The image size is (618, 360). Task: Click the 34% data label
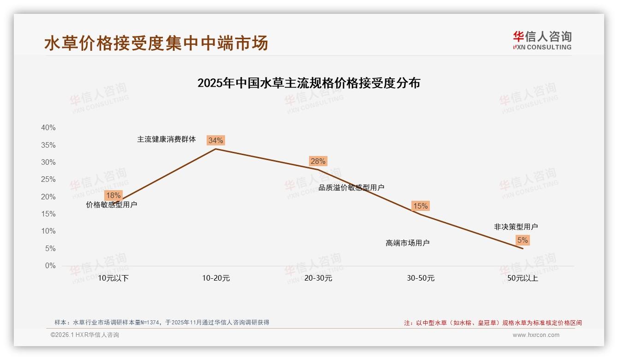tap(215, 140)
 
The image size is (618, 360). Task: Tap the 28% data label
tap(318, 161)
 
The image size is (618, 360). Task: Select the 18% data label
tap(113, 195)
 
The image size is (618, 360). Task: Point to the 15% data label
tap(420, 206)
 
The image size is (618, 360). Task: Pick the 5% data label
tap(523, 240)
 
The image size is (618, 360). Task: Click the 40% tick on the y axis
tap(48, 128)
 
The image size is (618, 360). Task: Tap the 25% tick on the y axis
tap(48, 180)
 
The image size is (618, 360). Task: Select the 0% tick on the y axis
tap(50, 266)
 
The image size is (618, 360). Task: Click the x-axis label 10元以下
tap(113, 278)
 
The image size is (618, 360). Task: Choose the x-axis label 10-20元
tap(216, 278)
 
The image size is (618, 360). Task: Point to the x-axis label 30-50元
tap(421, 278)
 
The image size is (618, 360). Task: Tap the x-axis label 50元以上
tap(523, 278)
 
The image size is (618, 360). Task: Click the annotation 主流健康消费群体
tap(166, 139)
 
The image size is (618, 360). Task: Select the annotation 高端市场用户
tap(407, 243)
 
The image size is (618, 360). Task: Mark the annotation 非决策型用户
tap(516, 227)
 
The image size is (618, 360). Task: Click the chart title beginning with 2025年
tap(309, 83)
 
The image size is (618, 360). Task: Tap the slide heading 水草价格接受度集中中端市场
tap(156, 43)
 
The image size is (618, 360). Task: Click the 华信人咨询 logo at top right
tap(542, 40)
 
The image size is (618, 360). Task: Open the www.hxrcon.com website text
tap(536, 335)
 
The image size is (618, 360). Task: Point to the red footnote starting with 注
tap(493, 323)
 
